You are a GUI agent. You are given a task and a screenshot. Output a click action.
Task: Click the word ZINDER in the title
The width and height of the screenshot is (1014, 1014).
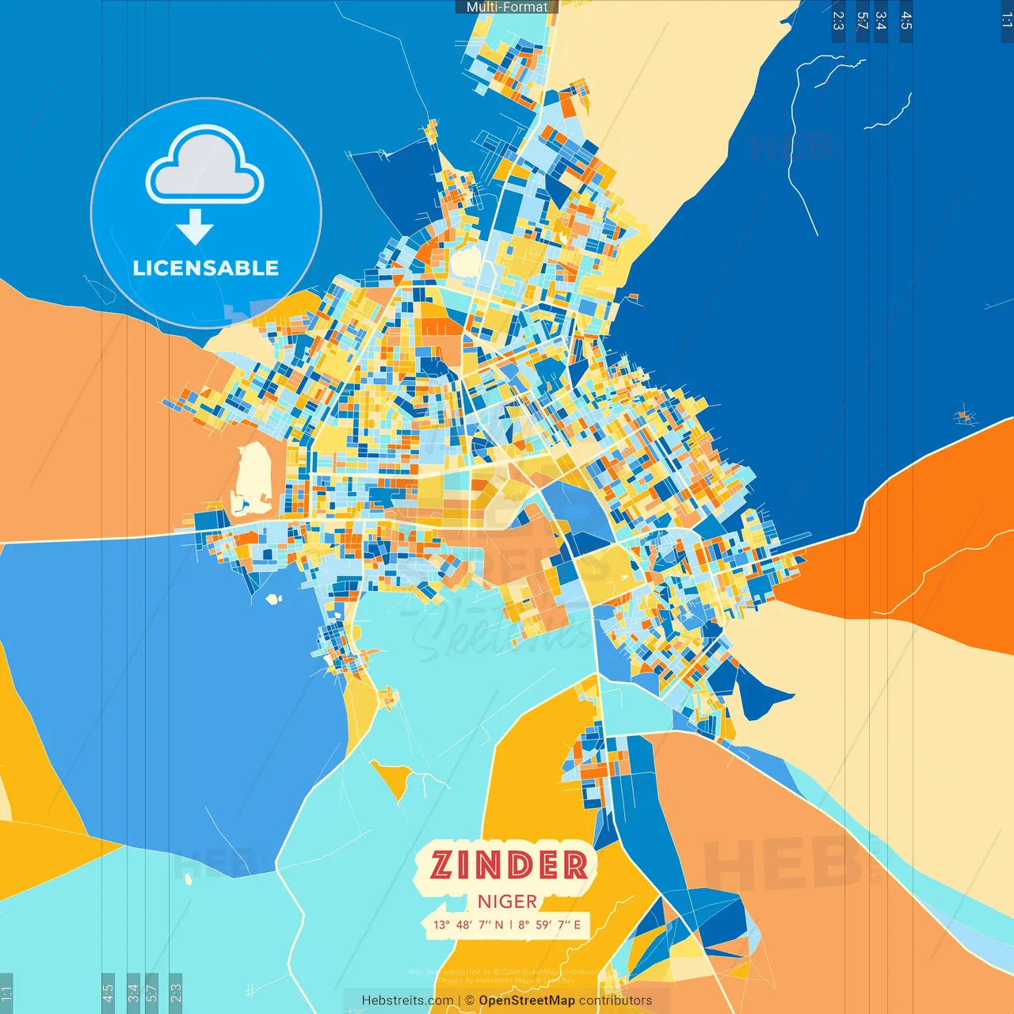coord(509,864)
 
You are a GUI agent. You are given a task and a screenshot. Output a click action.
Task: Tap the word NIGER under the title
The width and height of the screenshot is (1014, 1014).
coord(507,902)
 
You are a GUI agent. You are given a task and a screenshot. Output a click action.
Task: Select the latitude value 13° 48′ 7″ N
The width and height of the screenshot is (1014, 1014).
coord(467,924)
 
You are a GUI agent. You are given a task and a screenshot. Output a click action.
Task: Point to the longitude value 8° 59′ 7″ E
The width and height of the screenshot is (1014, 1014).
coord(550,924)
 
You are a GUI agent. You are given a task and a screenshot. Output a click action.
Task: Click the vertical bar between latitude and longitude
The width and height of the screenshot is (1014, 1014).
coord(511,924)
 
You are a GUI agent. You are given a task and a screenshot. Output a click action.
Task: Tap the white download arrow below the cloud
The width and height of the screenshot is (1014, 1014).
coord(195,227)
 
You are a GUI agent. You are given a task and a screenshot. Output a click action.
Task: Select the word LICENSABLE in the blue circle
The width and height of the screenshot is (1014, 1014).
coord(205,268)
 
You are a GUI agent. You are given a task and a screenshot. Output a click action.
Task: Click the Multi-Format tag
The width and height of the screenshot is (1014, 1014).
coord(507,7)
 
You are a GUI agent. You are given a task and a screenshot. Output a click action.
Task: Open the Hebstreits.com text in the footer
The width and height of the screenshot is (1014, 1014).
coord(407,1001)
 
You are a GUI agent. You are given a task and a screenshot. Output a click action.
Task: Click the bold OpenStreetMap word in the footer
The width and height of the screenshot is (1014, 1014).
coord(527,1001)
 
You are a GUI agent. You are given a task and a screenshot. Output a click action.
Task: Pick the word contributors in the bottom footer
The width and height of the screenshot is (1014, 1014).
coord(616,1001)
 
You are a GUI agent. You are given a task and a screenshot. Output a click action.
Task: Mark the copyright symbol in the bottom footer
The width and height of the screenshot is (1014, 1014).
coord(470,1001)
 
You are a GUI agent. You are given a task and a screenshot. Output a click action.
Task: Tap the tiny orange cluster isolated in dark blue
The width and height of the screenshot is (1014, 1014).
coord(964,416)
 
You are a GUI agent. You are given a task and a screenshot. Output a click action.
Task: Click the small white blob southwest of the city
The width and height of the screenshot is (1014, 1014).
coord(274,599)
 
